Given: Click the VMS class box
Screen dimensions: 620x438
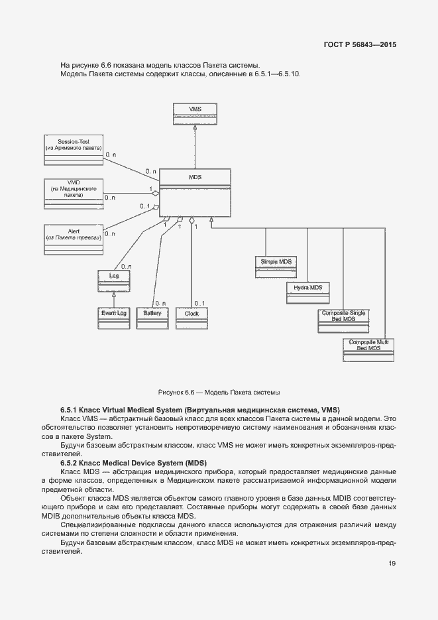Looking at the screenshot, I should tap(195, 114).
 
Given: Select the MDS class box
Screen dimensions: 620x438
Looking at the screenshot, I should tap(195, 192).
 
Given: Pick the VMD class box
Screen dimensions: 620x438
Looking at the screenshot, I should tap(73, 194).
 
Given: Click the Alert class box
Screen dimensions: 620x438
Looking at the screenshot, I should tap(73, 239).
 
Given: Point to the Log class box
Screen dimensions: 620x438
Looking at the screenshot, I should tap(113, 279).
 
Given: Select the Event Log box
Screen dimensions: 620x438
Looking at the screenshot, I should tap(113, 318).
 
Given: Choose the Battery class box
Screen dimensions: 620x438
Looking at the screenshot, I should tap(152, 318).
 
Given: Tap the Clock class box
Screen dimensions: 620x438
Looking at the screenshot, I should tap(192, 318).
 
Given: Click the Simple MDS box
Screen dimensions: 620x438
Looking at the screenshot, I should tap(276, 267).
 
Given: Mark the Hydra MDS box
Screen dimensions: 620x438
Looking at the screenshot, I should tap(308, 292).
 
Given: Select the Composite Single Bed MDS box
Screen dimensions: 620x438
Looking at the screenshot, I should tap(344, 321).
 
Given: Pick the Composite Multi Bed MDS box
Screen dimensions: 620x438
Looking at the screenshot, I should tap(368, 349).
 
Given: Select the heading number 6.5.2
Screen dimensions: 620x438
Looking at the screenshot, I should tap(70, 462).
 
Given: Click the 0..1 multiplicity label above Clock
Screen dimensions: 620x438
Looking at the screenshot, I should tap(199, 303).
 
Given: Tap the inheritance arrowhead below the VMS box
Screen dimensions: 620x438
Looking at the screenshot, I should tap(195, 130).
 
